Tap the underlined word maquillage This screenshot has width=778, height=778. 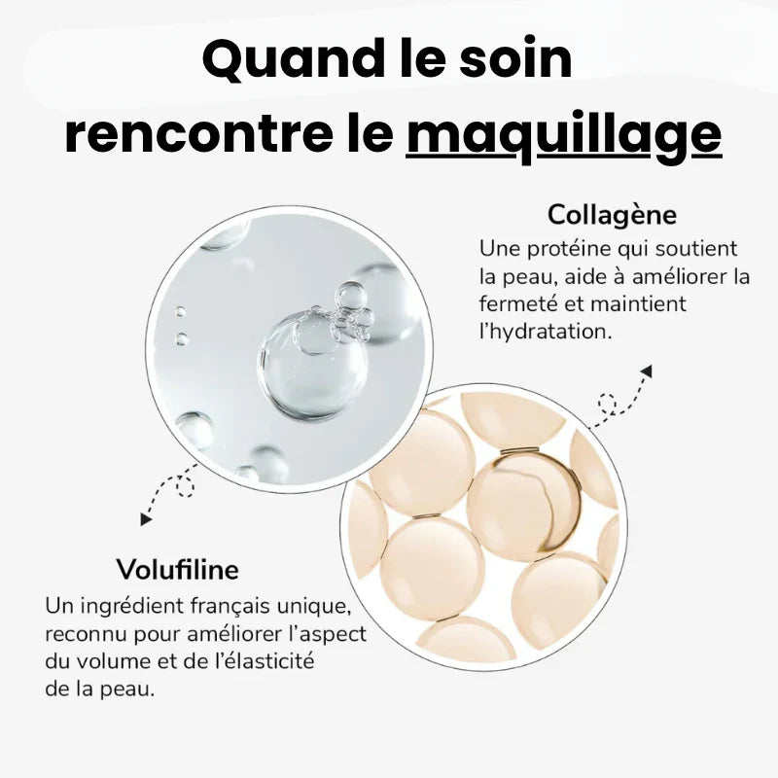tap(564, 134)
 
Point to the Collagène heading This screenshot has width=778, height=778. tap(612, 214)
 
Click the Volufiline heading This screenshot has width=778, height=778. tap(177, 568)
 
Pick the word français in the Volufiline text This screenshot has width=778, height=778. tap(232, 607)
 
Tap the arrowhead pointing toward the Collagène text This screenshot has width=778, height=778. tap(647, 371)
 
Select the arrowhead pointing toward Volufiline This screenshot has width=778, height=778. tap(147, 520)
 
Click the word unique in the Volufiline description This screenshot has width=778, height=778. tap(314, 607)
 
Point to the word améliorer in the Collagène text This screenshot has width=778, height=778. tap(675, 276)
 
